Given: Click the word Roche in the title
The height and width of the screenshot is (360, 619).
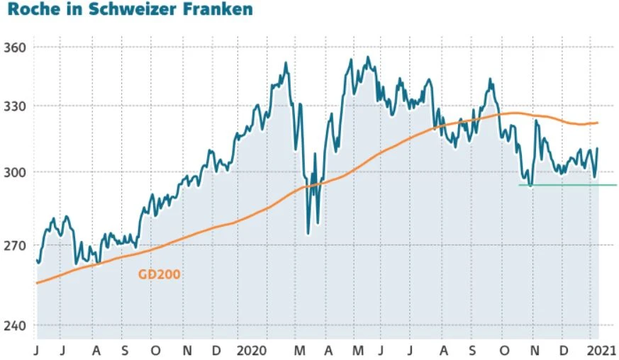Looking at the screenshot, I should click(x=29, y=11).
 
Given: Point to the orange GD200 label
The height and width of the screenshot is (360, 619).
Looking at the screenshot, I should click(x=160, y=273).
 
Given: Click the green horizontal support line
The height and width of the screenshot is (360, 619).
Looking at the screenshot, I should click(x=567, y=185).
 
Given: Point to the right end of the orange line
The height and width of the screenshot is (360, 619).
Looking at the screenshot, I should click(x=598, y=123).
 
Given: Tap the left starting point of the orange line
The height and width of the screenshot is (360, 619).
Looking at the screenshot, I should click(x=37, y=283).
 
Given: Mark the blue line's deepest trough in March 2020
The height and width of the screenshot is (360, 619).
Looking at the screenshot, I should click(x=308, y=233).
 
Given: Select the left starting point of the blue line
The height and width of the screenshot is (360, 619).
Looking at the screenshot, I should click(x=37, y=260).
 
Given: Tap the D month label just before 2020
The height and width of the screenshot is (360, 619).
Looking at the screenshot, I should click(x=216, y=350).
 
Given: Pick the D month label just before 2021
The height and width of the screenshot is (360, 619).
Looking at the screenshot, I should click(x=564, y=350).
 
